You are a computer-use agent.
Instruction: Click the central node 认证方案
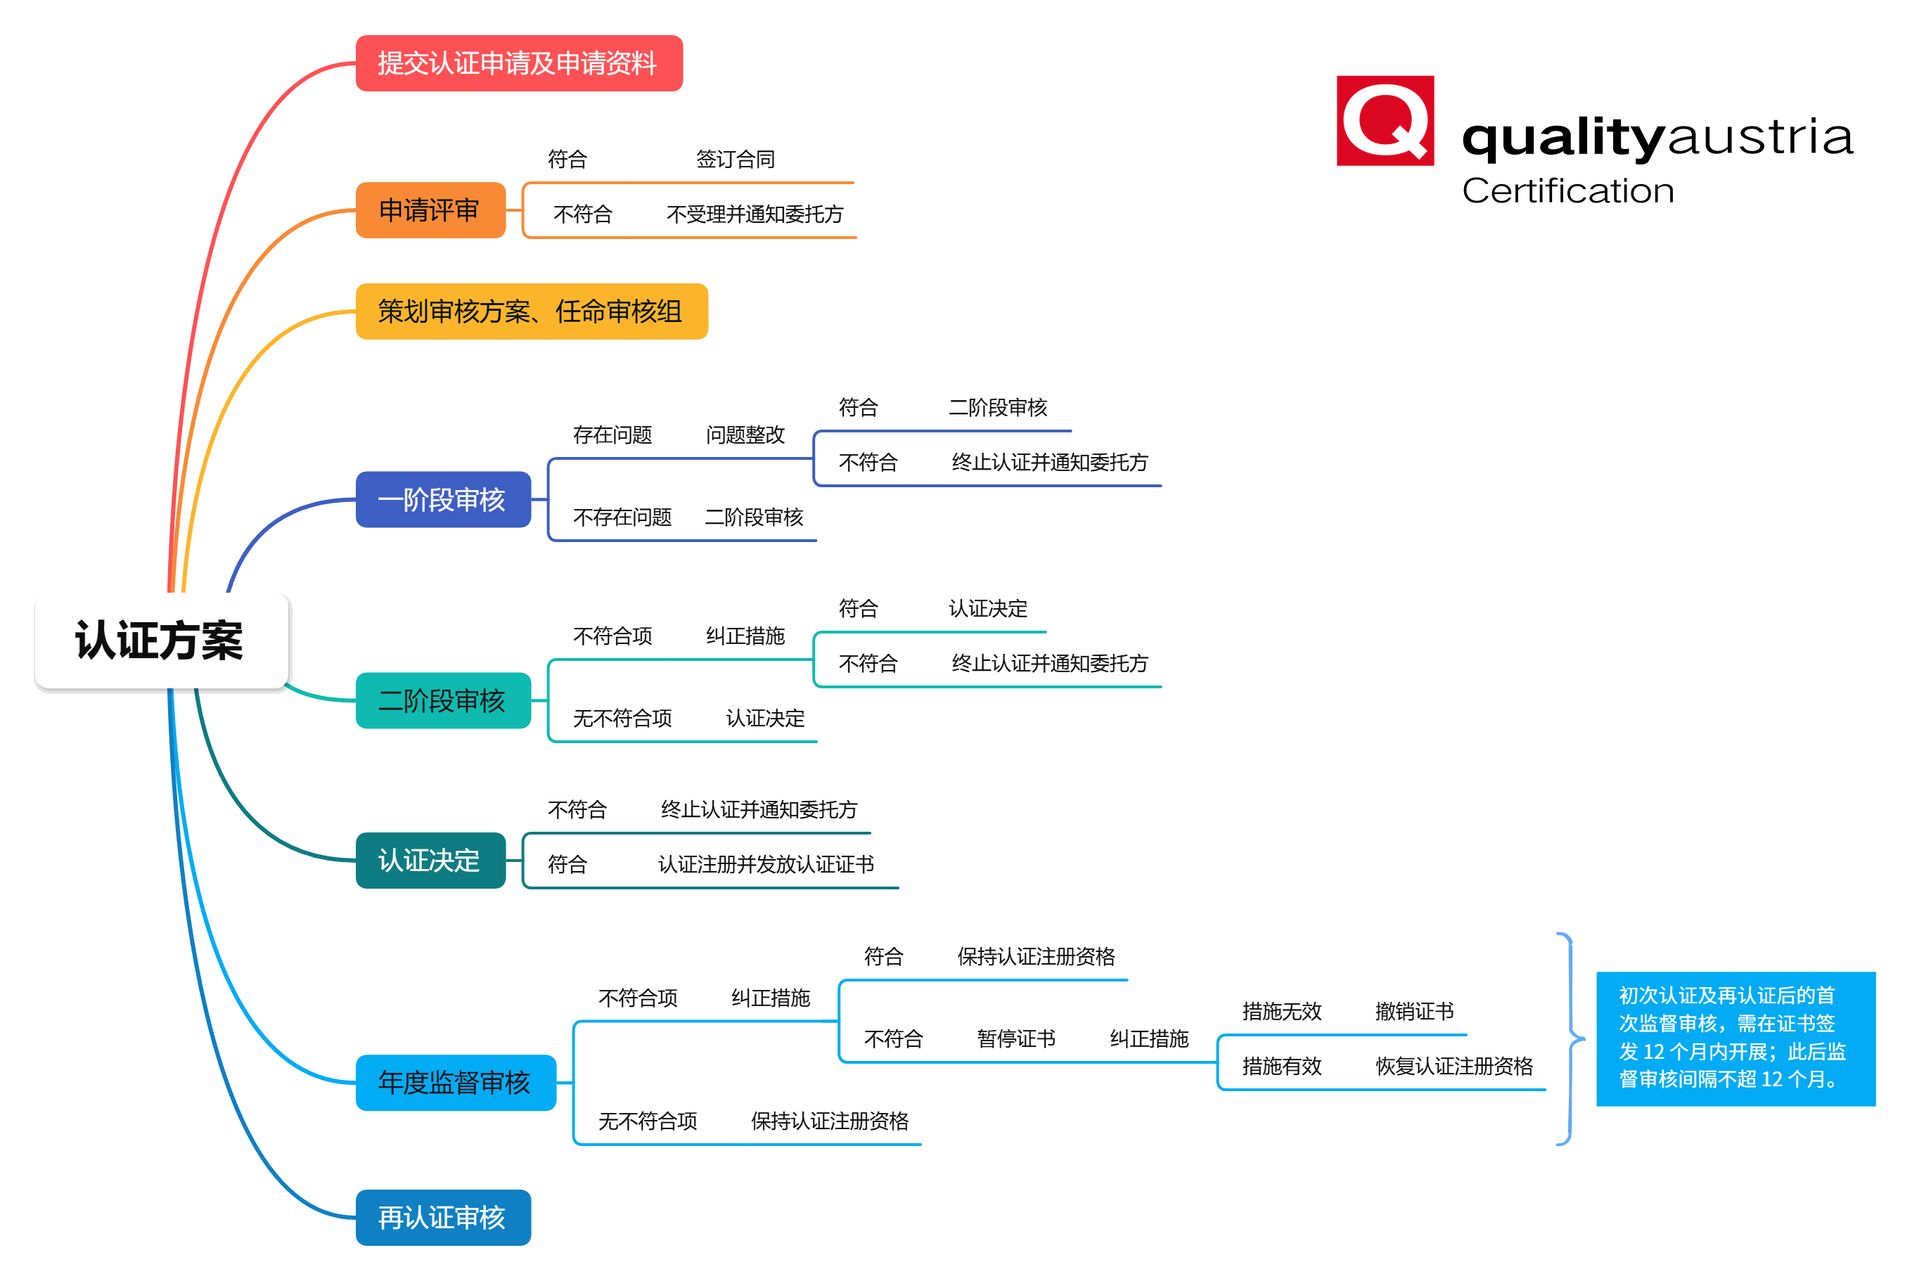[161, 641]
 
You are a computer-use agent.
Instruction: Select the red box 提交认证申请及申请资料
[518, 63]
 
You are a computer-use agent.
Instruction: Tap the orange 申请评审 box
[430, 210]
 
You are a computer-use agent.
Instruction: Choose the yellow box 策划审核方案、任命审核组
[531, 311]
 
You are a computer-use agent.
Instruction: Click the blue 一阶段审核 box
[442, 499]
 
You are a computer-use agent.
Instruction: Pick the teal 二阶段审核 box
[442, 700]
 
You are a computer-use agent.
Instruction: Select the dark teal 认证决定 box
[430, 861]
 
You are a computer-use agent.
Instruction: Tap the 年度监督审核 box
[455, 1083]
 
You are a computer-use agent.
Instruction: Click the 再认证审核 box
[442, 1217]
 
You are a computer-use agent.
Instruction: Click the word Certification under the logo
[1567, 191]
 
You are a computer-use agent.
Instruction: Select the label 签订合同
[736, 160]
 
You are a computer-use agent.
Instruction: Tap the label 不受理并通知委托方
[754, 214]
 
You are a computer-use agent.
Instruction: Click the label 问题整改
[745, 434]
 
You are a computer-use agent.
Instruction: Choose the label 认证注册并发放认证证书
[766, 864]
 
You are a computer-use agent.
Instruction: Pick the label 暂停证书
[1015, 1038]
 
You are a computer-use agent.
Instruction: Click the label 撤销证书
[1413, 1012]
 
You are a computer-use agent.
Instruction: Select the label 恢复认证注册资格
[1454, 1066]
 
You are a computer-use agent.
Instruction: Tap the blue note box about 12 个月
[1735, 1038]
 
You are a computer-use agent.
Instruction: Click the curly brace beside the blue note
[1570, 1038]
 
